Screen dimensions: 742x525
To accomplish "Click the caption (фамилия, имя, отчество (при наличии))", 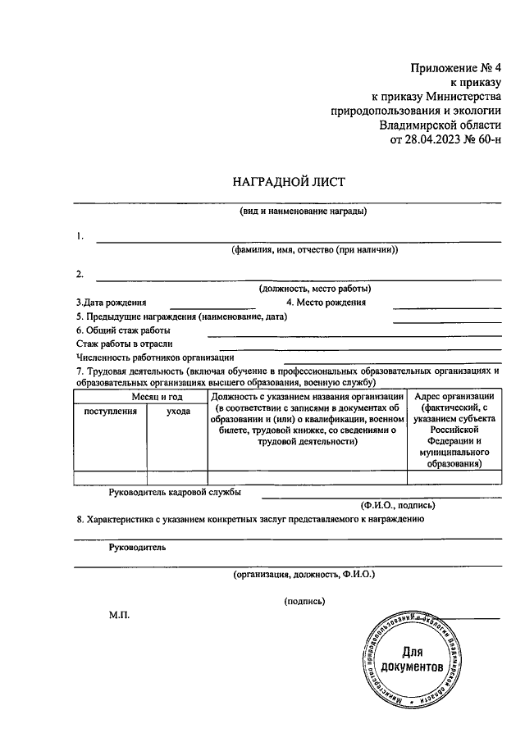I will point(314,250).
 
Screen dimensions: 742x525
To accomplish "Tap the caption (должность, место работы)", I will point(314,288).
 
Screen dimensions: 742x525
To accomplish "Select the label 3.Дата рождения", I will point(112,303).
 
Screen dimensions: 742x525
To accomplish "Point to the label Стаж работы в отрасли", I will point(130,344).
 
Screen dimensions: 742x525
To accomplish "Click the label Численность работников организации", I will point(156,357).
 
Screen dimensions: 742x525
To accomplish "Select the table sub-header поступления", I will point(111,411).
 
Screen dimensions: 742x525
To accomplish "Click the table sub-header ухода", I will point(178,411).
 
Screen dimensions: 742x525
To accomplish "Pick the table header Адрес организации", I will point(454,396).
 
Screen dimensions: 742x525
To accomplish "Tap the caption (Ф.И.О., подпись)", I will point(399,505).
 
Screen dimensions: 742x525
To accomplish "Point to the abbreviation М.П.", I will point(119,614).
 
